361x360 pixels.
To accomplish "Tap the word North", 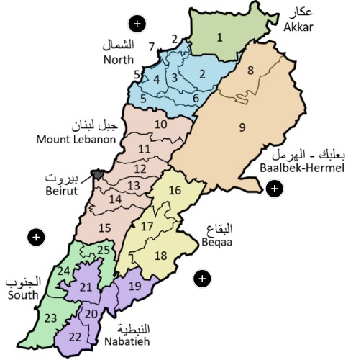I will click(x=119, y=60).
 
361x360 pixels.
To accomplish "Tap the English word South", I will click(x=22, y=295).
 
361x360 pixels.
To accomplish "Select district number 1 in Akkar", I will click(x=219, y=36).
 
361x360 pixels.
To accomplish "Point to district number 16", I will click(x=175, y=191).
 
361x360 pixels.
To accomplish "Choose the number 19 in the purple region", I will click(x=134, y=286).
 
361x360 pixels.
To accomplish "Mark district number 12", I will click(x=140, y=168).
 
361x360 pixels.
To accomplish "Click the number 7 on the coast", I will click(x=152, y=47).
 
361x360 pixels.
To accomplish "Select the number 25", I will click(x=104, y=250).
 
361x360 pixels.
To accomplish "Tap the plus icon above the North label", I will click(x=138, y=24).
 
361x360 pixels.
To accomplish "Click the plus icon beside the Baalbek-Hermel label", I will click(x=273, y=189).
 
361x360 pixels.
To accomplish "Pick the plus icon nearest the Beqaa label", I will click(x=203, y=278).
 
